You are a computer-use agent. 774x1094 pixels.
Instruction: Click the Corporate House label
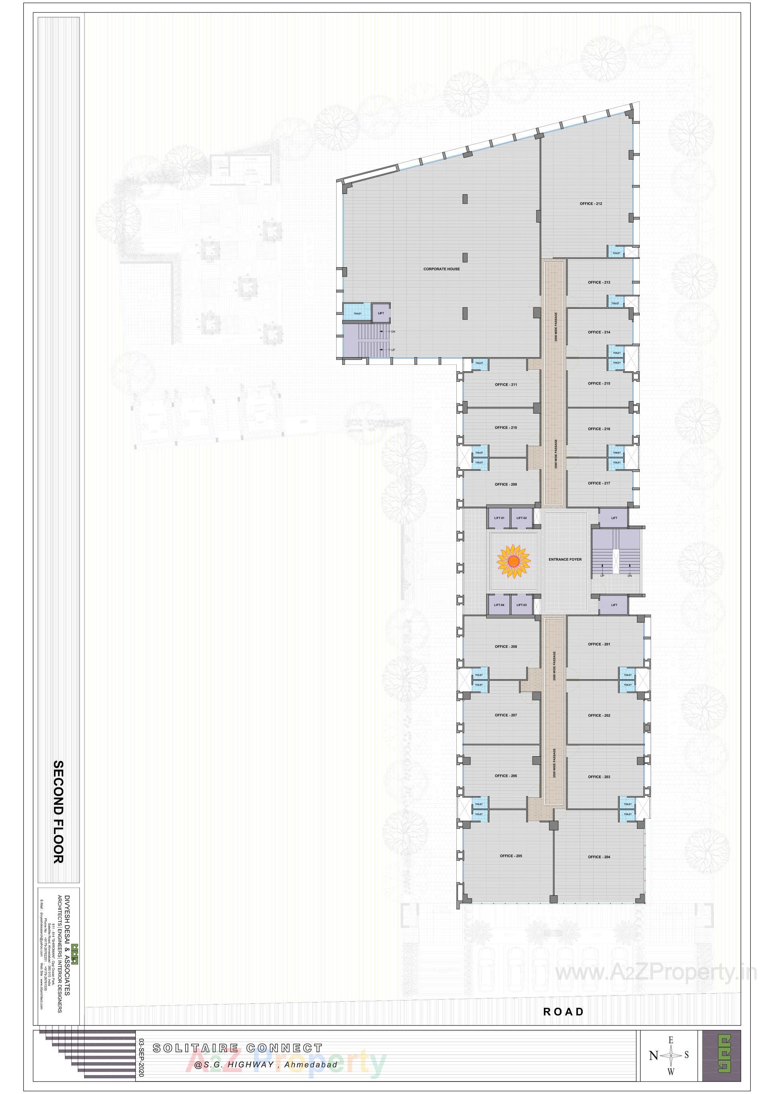click(x=441, y=269)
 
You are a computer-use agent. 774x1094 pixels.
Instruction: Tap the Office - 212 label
click(x=591, y=204)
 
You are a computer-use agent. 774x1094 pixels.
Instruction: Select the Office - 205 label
click(x=510, y=856)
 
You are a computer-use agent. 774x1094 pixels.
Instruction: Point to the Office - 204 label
click(x=599, y=857)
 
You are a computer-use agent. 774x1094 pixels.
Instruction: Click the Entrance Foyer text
click(x=565, y=559)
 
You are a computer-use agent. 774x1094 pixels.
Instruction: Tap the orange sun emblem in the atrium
click(x=513, y=562)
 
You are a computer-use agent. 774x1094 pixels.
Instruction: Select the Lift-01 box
click(x=499, y=518)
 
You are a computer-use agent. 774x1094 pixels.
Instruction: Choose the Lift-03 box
click(x=521, y=605)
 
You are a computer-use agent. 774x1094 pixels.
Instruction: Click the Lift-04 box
click(x=499, y=605)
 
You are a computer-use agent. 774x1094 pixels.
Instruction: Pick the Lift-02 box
click(x=521, y=518)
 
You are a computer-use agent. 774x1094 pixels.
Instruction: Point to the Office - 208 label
click(x=506, y=647)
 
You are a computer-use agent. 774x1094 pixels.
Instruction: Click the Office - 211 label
click(x=506, y=385)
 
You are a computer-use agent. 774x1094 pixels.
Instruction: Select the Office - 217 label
click(x=599, y=483)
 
